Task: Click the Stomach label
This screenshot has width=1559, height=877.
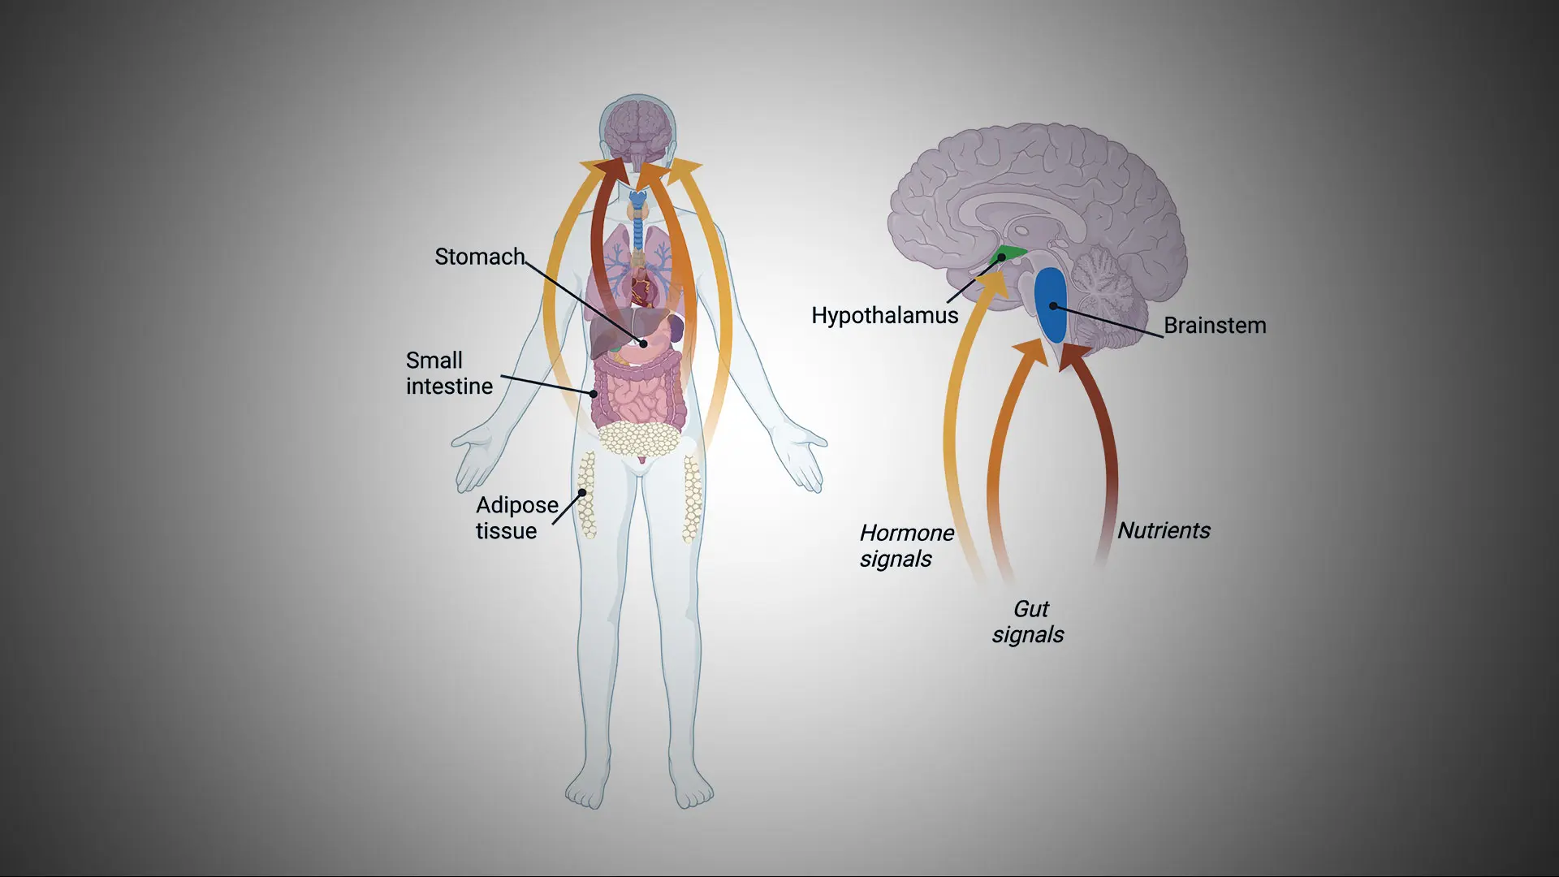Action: click(x=479, y=257)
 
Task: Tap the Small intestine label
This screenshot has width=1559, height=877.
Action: click(x=449, y=373)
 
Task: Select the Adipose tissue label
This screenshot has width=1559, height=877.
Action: click(x=516, y=517)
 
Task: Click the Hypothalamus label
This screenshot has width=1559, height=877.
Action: click(x=884, y=315)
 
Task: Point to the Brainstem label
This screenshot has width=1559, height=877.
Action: click(x=1214, y=325)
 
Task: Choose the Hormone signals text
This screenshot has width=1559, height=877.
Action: click(x=906, y=545)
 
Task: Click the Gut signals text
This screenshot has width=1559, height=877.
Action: click(x=1028, y=621)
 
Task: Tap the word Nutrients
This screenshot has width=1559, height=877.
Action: click(x=1164, y=530)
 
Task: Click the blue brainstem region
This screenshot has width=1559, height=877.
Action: click(x=1051, y=305)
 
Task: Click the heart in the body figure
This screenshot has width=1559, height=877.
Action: click(x=641, y=287)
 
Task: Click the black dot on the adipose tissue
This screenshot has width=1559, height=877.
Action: click(x=582, y=493)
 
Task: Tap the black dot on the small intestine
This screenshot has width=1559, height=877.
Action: click(x=594, y=394)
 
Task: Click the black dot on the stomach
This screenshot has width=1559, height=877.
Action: click(x=644, y=343)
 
